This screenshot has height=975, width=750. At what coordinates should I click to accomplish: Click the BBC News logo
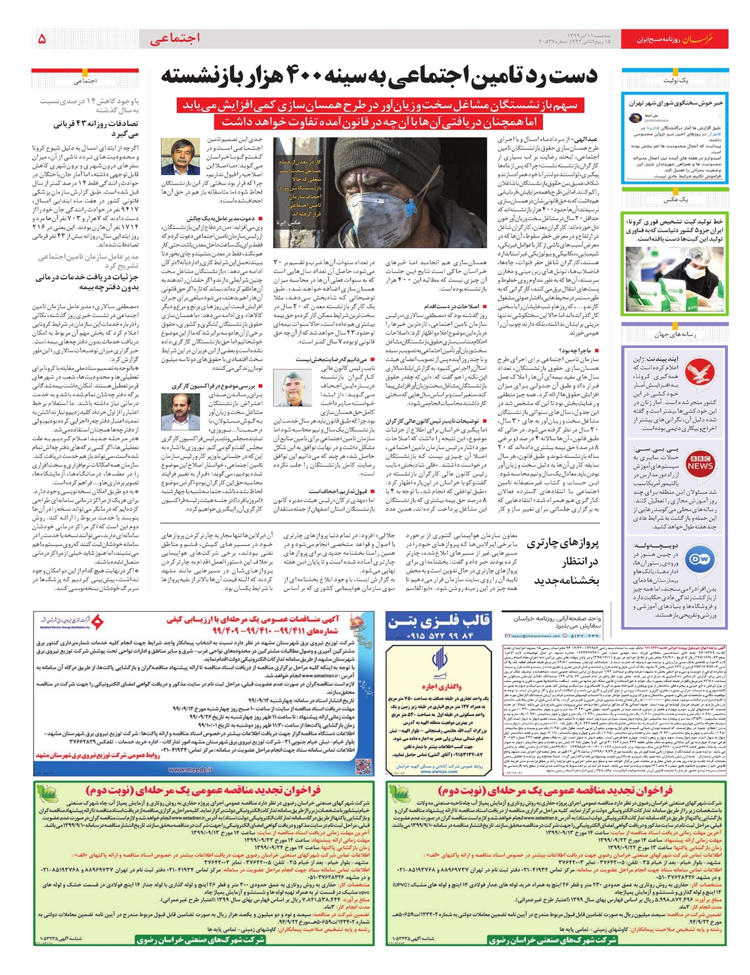pyautogui.click(x=701, y=463)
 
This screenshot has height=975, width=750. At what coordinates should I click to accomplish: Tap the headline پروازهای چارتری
pyautogui.click(x=562, y=542)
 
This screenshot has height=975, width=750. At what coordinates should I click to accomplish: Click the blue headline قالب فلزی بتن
pyautogui.click(x=439, y=621)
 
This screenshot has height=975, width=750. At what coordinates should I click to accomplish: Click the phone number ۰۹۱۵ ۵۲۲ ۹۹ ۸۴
pyautogui.click(x=440, y=636)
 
